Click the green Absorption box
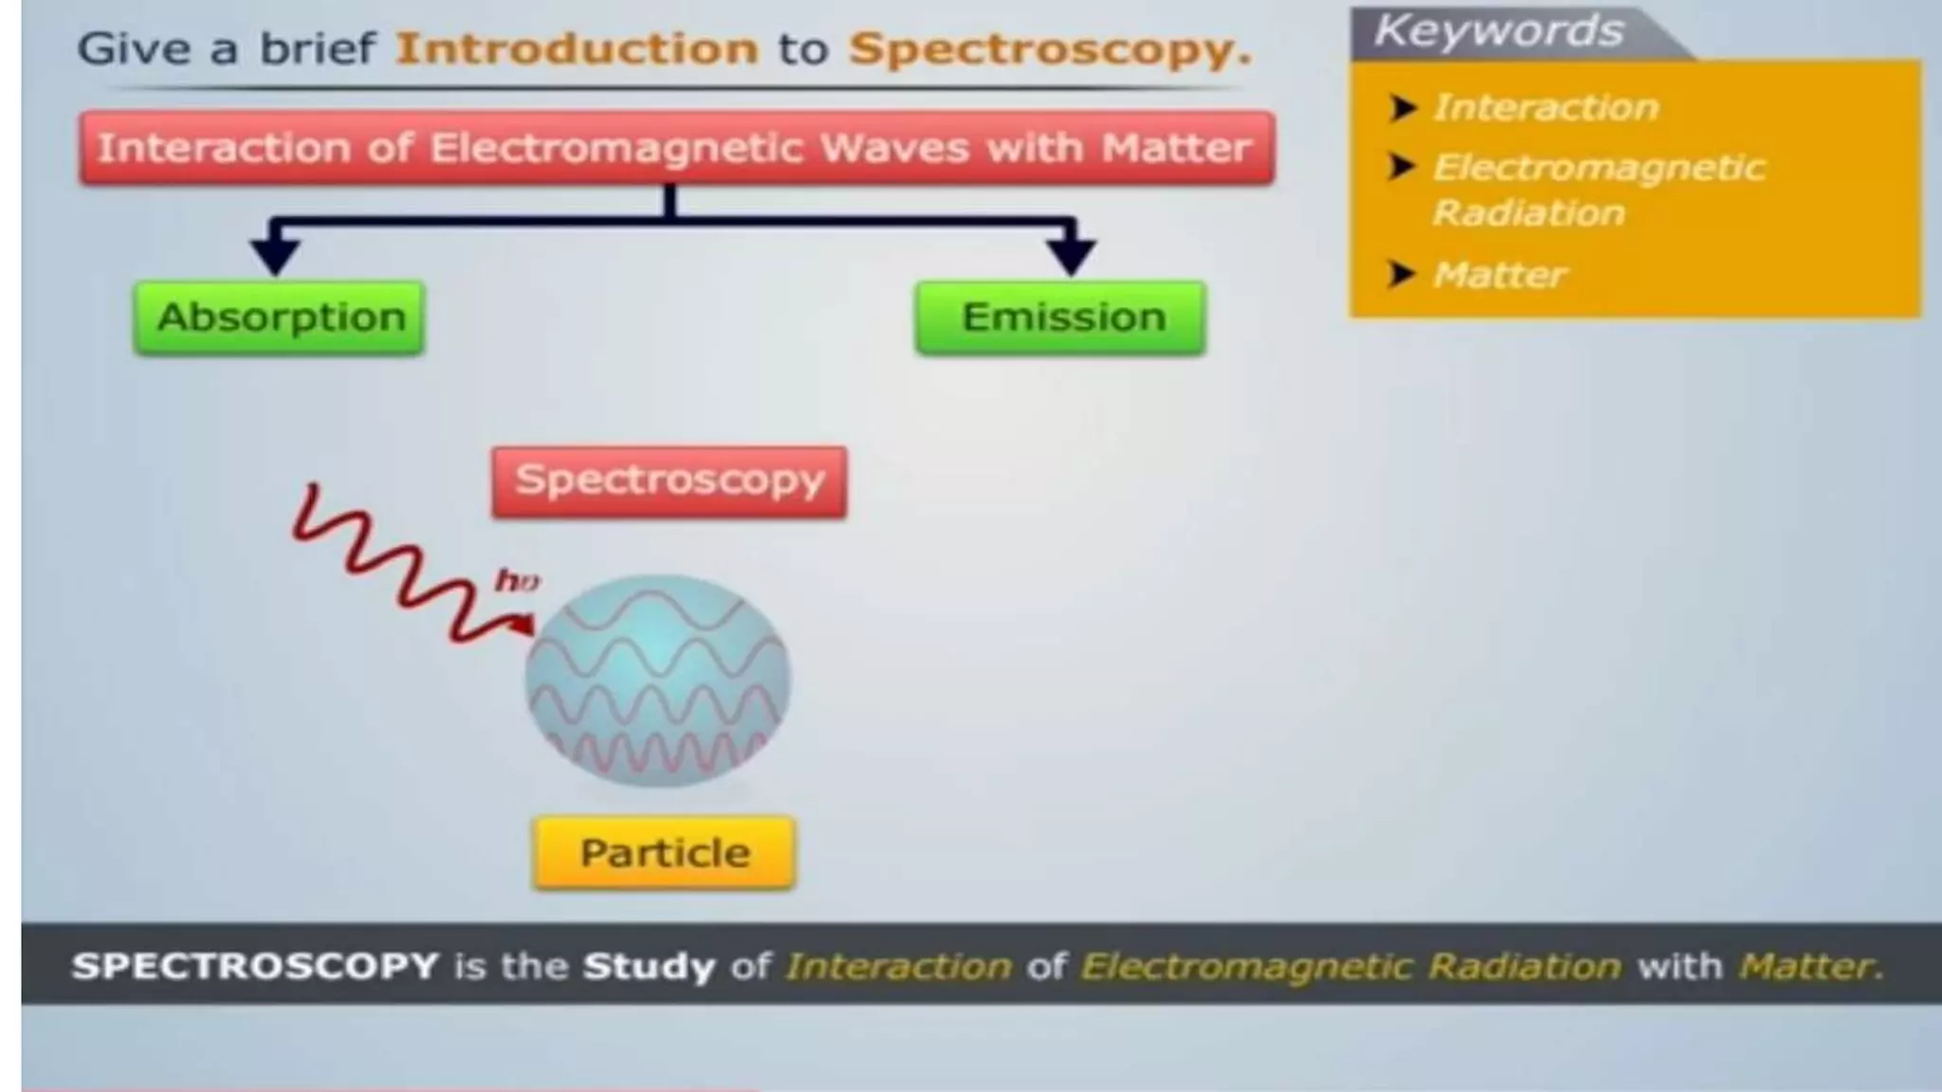pyautogui.click(x=280, y=318)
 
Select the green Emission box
pyautogui.click(x=1061, y=318)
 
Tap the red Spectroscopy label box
pyautogui.click(x=669, y=482)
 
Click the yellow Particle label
pyautogui.click(x=665, y=853)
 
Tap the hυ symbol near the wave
pyautogui.click(x=517, y=580)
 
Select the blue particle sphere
pyautogui.click(x=658, y=681)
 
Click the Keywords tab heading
pyautogui.click(x=1499, y=31)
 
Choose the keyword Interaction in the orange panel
pyautogui.click(x=1546, y=107)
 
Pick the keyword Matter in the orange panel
pyautogui.click(x=1499, y=275)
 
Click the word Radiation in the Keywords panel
pyautogui.click(x=1529, y=212)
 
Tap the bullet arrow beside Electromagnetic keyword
pyautogui.click(x=1402, y=168)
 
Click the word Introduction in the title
pyautogui.click(x=577, y=48)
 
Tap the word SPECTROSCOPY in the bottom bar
pyautogui.click(x=255, y=966)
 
